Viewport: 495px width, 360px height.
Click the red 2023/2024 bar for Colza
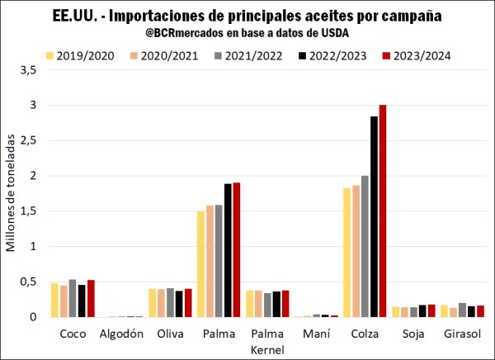coord(382,211)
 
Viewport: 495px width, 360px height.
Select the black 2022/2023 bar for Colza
coord(374,216)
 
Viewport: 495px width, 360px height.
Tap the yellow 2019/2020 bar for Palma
coord(200,264)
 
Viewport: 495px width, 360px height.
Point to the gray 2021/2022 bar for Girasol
coord(462,310)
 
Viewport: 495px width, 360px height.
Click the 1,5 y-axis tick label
coord(27,211)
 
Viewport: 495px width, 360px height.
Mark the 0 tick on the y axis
coord(32,317)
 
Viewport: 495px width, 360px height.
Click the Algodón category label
coord(121,334)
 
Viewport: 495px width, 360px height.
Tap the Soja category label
coord(414,334)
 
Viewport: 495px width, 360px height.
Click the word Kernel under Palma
coord(267,350)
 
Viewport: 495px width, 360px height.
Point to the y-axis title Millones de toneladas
coord(11,194)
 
